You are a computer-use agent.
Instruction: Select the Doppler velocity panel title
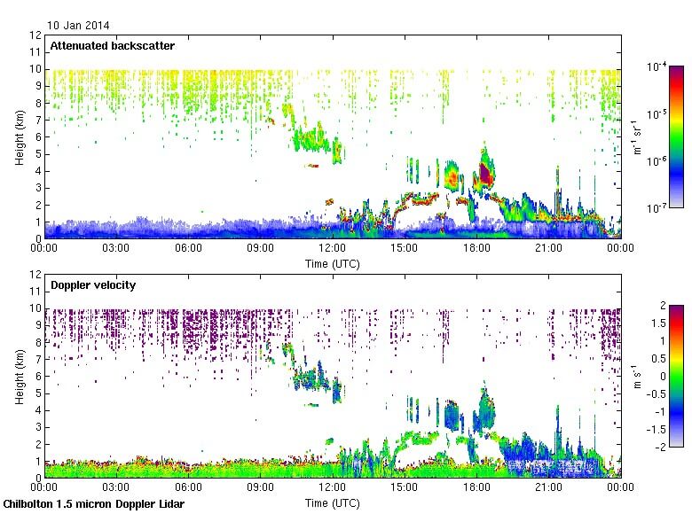coord(86,284)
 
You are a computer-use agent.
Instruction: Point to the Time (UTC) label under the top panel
coord(332,264)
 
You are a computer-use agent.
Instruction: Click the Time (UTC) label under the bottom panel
coord(332,503)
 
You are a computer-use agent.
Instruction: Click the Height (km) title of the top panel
coord(20,136)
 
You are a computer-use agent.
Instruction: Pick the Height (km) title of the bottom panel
coord(20,376)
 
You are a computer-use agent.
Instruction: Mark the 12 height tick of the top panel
coord(36,35)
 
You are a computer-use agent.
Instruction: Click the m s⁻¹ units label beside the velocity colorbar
coord(677,377)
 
